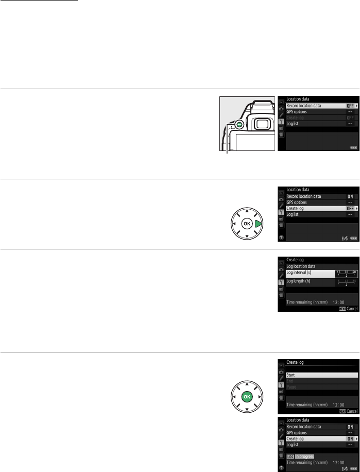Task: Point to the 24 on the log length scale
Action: pyautogui.click(x=354, y=280)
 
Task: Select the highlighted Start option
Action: pyautogui.click(x=290, y=375)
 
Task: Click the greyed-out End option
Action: pyautogui.click(x=289, y=381)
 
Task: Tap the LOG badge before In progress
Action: pyautogui.click(x=290, y=457)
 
